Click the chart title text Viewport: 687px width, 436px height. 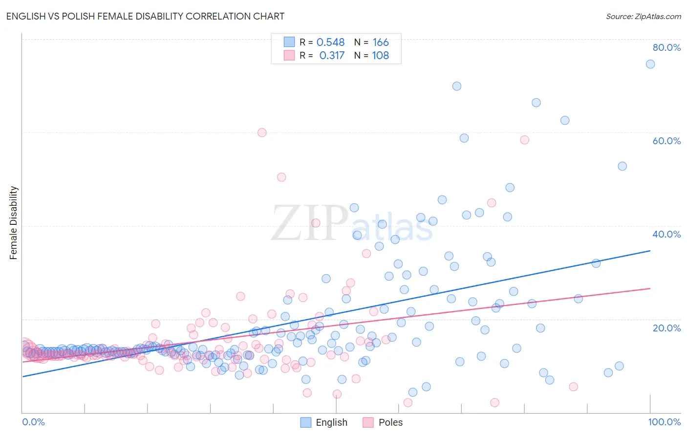pos(145,16)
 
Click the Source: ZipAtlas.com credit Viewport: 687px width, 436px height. pos(643,16)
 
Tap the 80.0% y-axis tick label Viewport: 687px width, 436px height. pos(666,47)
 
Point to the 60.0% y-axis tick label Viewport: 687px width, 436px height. pos(666,141)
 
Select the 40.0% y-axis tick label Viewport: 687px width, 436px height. pos(666,234)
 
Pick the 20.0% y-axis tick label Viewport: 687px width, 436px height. pos(666,327)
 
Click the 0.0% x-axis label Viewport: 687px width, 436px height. pos(33,422)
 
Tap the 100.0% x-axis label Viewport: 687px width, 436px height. pos(664,422)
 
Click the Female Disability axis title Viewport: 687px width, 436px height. pos(14,222)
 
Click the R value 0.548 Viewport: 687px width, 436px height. pos(330,42)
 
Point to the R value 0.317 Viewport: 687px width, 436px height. pos(332,55)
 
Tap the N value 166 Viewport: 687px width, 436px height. pos(381,42)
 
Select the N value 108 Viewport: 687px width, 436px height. pos(381,55)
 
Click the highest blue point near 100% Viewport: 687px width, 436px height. pos(650,64)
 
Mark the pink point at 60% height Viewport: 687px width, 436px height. pos(262,132)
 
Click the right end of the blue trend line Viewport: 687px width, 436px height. pos(650,251)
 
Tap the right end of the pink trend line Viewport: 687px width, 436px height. pos(650,288)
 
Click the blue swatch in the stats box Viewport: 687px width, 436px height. pos(289,42)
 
